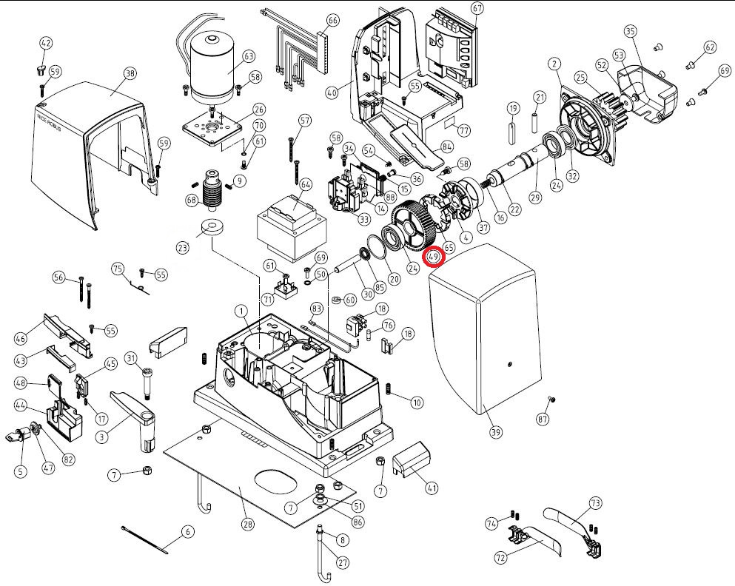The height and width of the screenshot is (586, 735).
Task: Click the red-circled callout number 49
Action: (x=434, y=257)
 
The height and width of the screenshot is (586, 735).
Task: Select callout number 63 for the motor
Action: (x=248, y=56)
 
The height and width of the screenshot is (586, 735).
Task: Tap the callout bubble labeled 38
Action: (x=130, y=73)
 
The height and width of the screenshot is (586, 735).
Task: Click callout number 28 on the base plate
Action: (x=247, y=525)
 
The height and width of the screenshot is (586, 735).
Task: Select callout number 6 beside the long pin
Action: (x=187, y=531)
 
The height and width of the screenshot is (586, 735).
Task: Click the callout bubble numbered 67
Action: (x=476, y=8)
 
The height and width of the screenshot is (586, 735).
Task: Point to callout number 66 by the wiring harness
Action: (x=332, y=20)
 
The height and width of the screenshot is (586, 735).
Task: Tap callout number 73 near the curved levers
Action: (x=595, y=503)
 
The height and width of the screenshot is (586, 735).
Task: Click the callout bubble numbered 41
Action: (x=430, y=488)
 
